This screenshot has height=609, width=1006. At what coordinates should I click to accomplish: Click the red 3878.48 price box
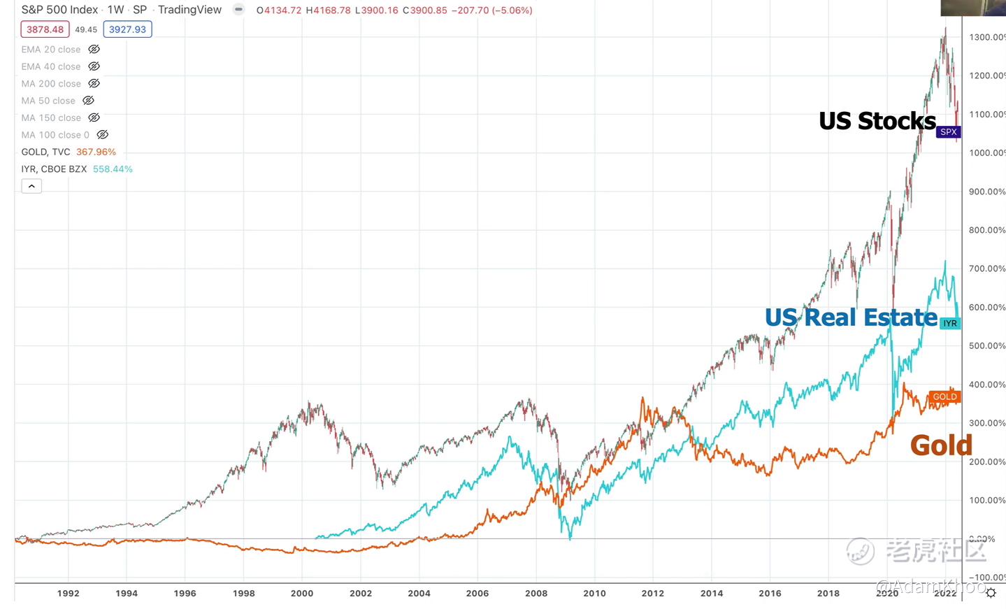click(45, 29)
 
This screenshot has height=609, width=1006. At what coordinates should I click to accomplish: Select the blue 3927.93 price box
click(127, 29)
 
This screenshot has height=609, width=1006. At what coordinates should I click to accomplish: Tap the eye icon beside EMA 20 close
click(94, 50)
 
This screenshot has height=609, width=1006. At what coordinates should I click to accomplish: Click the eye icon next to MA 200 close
click(94, 84)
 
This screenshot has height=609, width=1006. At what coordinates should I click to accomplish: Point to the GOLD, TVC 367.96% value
click(96, 152)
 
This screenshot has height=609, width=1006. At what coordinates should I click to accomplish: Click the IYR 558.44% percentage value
click(113, 169)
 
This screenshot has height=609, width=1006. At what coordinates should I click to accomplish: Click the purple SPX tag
click(948, 132)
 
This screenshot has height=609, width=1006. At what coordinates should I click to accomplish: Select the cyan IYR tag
click(949, 323)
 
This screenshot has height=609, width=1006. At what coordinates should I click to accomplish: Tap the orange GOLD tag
click(944, 396)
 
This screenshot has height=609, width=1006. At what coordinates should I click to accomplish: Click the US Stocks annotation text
click(877, 121)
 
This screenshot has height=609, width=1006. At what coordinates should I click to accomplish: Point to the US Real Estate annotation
click(850, 317)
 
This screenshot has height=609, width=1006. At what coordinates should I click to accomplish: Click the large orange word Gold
click(941, 445)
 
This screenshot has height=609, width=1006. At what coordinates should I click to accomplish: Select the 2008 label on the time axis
click(536, 593)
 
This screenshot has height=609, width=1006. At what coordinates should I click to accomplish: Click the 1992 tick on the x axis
click(68, 593)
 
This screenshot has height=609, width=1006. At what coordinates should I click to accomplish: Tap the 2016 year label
click(770, 593)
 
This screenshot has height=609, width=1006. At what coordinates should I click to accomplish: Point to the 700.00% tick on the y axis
click(986, 268)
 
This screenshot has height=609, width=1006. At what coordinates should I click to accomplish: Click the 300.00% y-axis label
click(986, 423)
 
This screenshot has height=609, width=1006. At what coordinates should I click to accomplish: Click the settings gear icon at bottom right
click(991, 593)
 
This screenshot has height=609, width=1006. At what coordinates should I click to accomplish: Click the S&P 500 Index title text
click(59, 10)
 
